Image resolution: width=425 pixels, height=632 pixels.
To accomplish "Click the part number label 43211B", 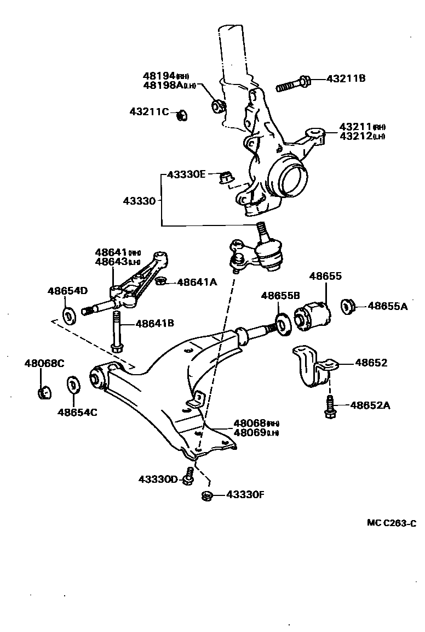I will pyautogui.click(x=346, y=78).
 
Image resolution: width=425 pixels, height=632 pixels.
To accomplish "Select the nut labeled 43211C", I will pyautogui.click(x=181, y=115).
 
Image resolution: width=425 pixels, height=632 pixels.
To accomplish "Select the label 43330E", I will pyautogui.click(x=186, y=174).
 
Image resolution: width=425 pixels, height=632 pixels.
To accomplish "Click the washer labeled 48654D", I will pyautogui.click(x=70, y=316).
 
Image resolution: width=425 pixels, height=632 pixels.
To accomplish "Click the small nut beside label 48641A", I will pyautogui.click(x=161, y=282).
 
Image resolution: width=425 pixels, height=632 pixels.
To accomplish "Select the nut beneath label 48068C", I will pyautogui.click(x=44, y=392).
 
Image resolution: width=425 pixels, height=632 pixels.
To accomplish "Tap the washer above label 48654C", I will pyautogui.click(x=72, y=385).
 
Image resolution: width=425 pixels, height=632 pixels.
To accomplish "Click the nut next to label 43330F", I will pyautogui.click(x=207, y=495).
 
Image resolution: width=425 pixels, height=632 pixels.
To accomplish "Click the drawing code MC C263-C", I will pyautogui.click(x=391, y=523).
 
